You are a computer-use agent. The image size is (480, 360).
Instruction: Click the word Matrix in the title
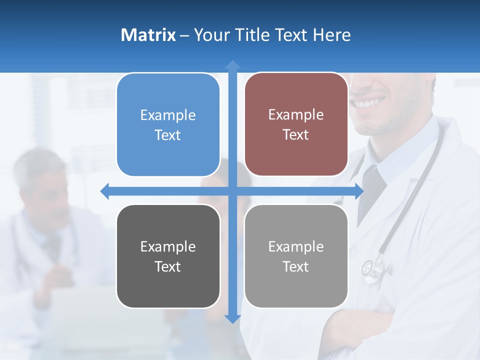pos(148,35)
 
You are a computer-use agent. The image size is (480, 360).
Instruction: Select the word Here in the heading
pos(331,35)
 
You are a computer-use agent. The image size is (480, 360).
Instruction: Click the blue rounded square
pos(168,125)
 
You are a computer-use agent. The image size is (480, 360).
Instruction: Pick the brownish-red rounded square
pos(296,124)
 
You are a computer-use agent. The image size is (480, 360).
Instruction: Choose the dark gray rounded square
pos(168,256)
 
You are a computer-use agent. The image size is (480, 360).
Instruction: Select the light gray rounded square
pos(296,256)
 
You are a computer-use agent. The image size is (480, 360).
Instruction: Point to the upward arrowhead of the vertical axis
pos(232,65)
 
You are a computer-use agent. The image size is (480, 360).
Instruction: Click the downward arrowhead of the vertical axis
pos(232,318)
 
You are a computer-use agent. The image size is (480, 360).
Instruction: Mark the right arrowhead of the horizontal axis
pos(359,191)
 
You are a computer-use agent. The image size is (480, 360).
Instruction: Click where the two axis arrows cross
pos(232,191)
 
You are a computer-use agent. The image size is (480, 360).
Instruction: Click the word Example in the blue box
pos(168,115)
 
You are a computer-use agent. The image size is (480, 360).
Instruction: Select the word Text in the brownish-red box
pos(296,135)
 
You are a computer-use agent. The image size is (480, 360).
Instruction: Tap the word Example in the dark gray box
pos(168,246)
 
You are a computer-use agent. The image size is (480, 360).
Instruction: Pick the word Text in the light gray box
pos(296,266)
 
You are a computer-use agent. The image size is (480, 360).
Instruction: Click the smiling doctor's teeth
pos(370,103)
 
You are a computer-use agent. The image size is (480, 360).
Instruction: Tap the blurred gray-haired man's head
pos(42,175)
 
